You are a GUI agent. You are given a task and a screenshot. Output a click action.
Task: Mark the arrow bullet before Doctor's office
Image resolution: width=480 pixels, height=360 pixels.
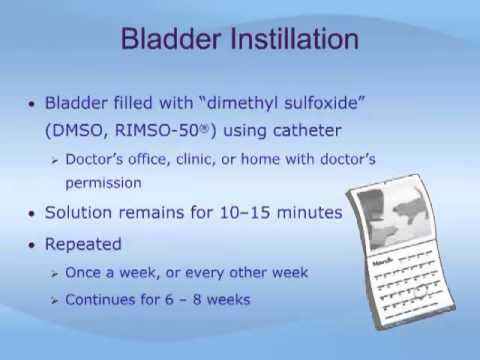(54, 159)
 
